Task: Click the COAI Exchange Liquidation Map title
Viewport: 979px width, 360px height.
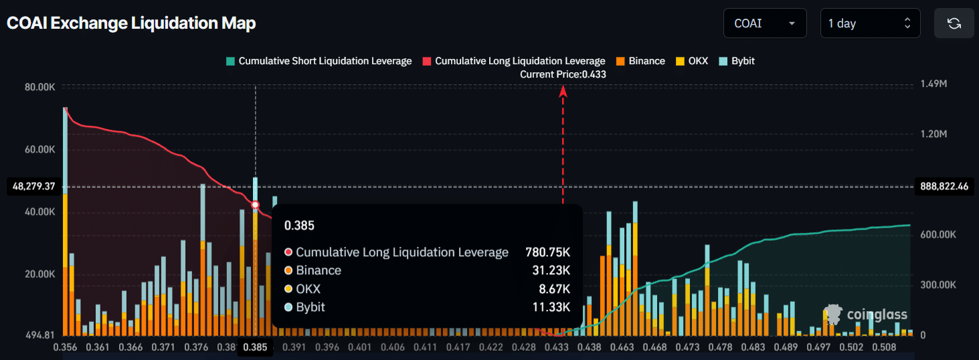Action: (x=131, y=23)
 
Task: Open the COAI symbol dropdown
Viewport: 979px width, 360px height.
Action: (x=764, y=23)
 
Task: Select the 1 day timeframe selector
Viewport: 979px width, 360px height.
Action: (x=869, y=23)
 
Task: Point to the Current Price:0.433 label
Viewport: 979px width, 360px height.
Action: (x=563, y=74)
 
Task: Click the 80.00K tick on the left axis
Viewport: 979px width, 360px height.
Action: (x=40, y=87)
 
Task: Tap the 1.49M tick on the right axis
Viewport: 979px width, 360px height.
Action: (x=934, y=84)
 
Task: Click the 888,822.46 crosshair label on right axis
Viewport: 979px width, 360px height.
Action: (x=944, y=187)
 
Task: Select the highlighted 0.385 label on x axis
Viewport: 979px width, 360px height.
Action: (x=255, y=347)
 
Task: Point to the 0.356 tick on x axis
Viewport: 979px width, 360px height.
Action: (x=65, y=347)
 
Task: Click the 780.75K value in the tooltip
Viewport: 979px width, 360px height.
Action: (x=547, y=252)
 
